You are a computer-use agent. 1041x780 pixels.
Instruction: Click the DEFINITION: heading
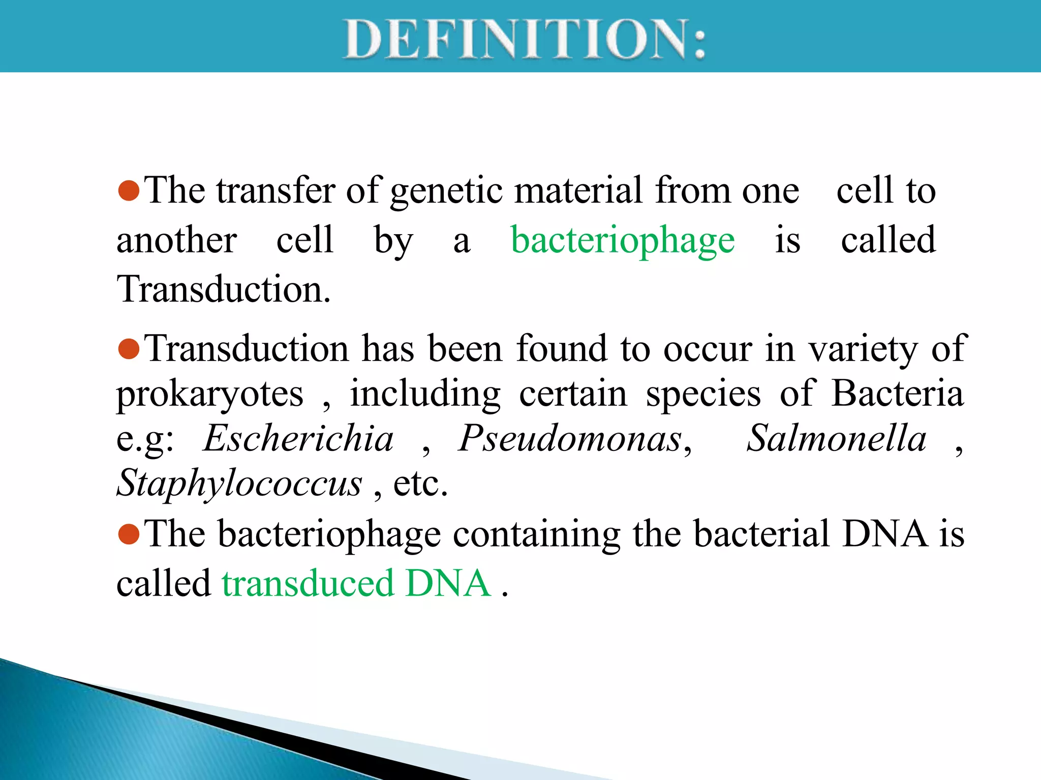point(525,39)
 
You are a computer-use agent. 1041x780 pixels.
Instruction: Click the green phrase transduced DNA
point(356,583)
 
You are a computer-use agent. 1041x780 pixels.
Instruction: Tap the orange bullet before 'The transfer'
point(129,190)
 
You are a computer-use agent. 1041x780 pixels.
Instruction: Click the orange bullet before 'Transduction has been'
point(129,349)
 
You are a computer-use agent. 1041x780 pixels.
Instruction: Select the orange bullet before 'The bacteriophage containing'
point(129,534)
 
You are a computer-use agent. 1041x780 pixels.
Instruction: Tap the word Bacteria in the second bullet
point(897,394)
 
